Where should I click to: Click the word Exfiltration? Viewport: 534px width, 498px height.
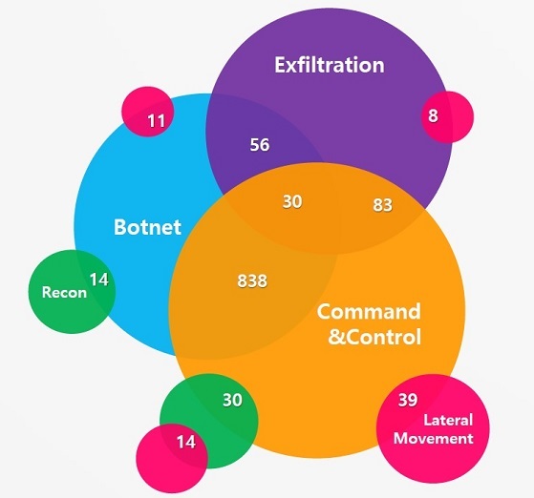pos(330,65)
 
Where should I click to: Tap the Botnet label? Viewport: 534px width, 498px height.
pos(147,227)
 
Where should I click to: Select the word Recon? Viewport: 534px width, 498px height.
pos(64,293)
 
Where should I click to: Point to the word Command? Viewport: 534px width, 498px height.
pos(369,312)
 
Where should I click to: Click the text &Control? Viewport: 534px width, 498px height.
pos(374,337)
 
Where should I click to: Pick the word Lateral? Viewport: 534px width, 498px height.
pos(448,420)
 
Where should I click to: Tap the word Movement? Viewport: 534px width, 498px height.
pos(433,438)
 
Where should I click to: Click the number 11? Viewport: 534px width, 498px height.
pos(157,121)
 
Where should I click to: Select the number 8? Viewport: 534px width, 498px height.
pos(433,115)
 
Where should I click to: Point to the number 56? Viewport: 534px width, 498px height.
pos(260,145)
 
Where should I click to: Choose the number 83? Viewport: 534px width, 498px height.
pos(382,205)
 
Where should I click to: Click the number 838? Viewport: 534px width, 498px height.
pos(252,281)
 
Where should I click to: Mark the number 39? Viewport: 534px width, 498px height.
pos(408,400)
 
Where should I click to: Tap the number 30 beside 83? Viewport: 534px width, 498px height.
pos(292,201)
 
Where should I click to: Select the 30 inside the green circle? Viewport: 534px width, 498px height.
pos(232,400)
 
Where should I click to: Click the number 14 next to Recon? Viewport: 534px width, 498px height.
pos(98,280)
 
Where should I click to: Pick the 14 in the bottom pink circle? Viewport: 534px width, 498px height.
pos(186,442)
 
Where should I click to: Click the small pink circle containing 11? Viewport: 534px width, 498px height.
pos(148,112)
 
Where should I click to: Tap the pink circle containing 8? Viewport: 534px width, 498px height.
pos(447,117)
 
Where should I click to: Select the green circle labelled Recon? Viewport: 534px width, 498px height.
pos(72,292)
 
